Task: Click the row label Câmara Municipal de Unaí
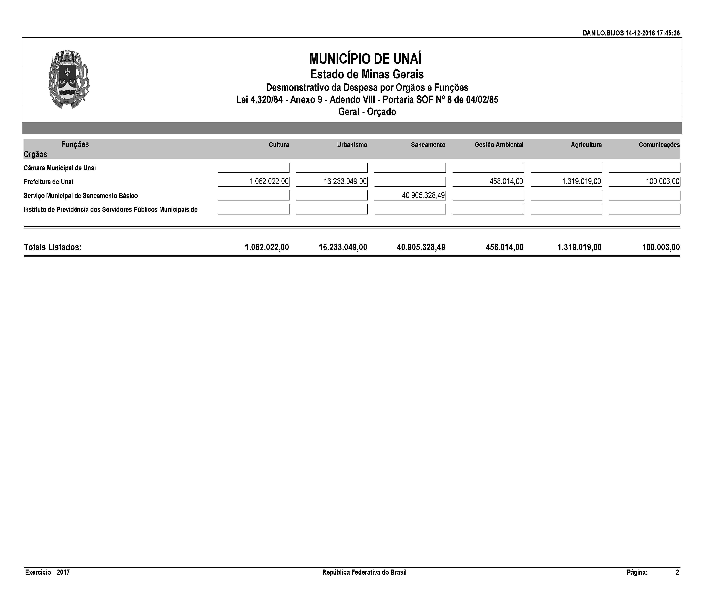(x=60, y=168)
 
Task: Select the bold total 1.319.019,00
(x=579, y=247)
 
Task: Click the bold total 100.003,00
(x=661, y=247)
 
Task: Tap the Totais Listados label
(x=53, y=247)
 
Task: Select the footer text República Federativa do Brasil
(x=364, y=572)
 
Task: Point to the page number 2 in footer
(x=677, y=572)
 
